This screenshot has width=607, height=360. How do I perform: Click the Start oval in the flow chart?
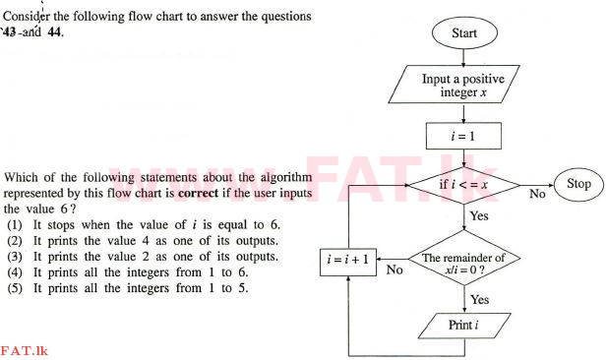point(463,33)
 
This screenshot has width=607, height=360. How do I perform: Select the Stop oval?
point(578,184)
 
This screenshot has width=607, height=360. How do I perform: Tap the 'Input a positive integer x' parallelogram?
point(462,86)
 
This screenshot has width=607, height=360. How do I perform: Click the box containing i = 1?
point(462,135)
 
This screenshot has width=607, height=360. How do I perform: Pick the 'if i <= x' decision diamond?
point(463,184)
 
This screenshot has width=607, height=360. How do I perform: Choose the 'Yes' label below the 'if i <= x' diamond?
point(479,215)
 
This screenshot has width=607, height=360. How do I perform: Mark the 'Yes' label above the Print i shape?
point(479,299)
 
